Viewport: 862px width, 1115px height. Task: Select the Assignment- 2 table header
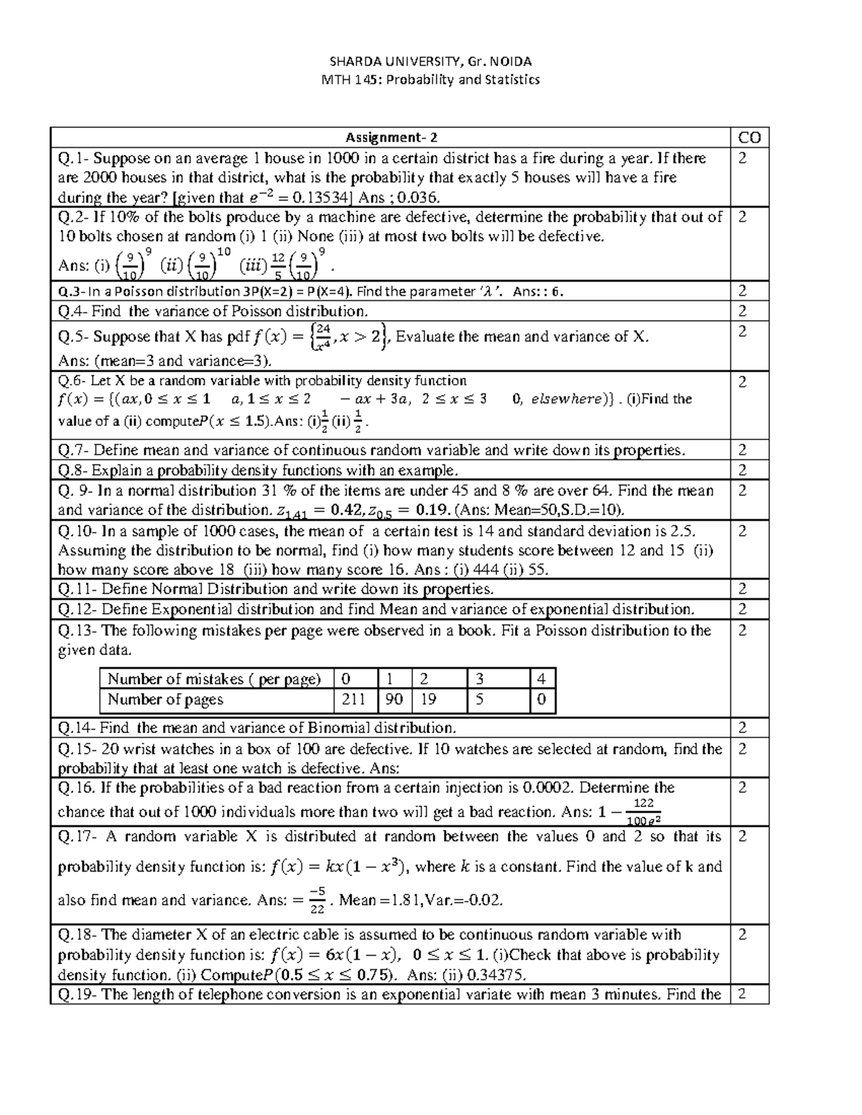(391, 137)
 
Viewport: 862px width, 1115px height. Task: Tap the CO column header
(749, 137)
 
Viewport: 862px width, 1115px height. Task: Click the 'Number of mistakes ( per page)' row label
(214, 679)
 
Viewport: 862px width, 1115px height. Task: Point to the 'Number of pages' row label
(165, 699)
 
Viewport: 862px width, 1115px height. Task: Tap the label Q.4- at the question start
(74, 311)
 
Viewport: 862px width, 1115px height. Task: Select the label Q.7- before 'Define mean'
(74, 450)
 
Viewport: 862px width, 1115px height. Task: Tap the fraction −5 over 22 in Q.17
(316, 900)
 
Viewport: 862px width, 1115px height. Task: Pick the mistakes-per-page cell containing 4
(541, 679)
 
